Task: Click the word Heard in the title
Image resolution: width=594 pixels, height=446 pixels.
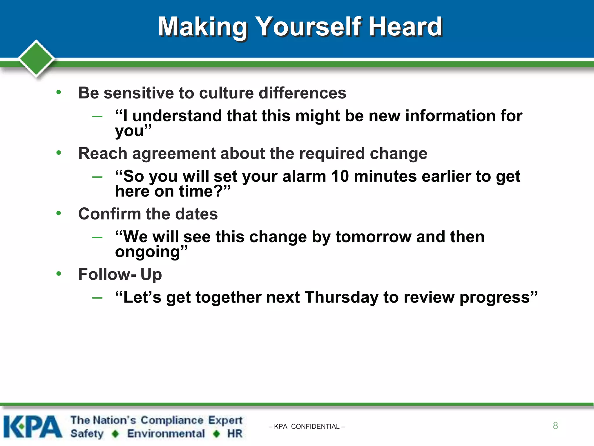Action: coord(405,27)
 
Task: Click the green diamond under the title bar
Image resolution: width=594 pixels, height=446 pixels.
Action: coord(36,58)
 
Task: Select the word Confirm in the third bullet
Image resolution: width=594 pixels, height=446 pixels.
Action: coord(110,214)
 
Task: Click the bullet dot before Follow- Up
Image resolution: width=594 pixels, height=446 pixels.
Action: coord(59,274)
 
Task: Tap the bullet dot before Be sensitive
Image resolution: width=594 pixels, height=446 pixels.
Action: coord(59,92)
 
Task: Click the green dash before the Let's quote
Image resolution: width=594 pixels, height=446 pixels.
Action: coord(97,298)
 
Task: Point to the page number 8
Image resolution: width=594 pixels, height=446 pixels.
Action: coord(555,426)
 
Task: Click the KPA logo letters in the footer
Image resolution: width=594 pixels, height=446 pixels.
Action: coord(32,427)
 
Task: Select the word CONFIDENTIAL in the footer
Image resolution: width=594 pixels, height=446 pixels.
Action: coord(315,427)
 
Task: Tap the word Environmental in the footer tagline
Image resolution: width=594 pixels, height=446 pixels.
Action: coord(166,434)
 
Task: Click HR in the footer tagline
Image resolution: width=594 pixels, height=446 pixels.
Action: coord(235,434)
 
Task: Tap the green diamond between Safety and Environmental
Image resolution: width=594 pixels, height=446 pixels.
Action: coord(115,434)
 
